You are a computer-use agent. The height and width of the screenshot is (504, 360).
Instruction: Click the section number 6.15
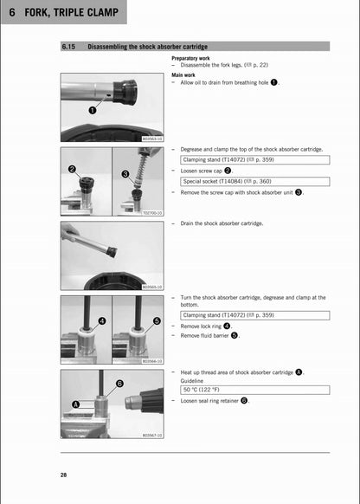(70, 46)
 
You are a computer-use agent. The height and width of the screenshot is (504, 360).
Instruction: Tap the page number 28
(64, 475)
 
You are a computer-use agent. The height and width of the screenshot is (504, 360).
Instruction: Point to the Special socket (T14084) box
(254, 182)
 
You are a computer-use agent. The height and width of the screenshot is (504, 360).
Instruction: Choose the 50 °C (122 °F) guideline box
(254, 391)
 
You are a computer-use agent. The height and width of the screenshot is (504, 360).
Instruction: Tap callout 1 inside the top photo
(92, 111)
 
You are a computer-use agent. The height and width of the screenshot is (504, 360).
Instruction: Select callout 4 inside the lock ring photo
(101, 320)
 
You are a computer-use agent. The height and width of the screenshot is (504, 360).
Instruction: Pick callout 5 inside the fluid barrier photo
(156, 320)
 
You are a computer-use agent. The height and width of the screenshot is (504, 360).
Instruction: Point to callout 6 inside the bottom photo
(119, 383)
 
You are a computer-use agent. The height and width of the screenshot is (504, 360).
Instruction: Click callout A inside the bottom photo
(74, 404)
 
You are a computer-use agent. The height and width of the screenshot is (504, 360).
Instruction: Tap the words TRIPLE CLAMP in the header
(92, 11)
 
